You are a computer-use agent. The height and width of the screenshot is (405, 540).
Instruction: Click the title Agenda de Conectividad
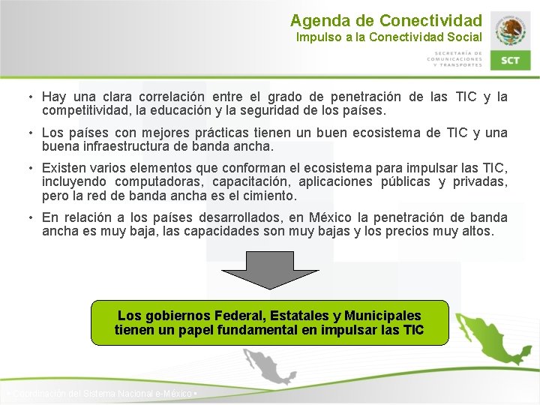[385, 20]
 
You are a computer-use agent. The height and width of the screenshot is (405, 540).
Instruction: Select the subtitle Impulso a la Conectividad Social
[388, 37]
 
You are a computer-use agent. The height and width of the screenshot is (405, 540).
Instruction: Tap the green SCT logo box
[510, 60]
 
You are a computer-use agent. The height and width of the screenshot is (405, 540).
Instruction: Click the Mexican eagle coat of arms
[511, 30]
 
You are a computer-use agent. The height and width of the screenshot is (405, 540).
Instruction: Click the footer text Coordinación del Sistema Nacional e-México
[100, 394]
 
